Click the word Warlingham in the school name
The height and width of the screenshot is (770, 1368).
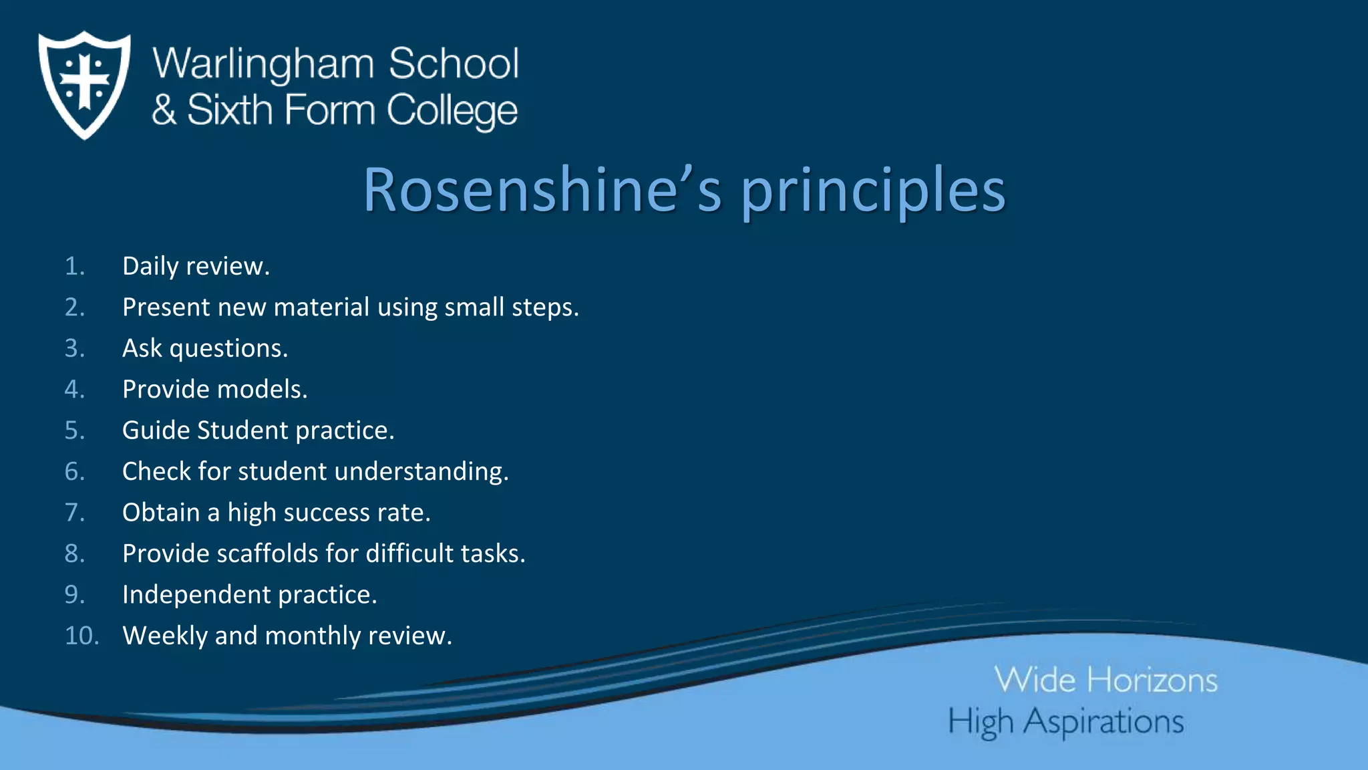click(263, 64)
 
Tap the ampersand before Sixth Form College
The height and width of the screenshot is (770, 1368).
click(164, 110)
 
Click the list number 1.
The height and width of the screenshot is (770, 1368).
click(75, 267)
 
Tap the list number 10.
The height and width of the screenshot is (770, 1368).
click(81, 636)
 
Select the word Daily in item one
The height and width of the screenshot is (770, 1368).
click(150, 267)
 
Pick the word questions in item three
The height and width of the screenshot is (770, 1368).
click(228, 349)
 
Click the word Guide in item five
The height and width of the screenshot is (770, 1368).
click(156, 430)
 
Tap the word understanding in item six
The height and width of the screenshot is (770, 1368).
click(421, 472)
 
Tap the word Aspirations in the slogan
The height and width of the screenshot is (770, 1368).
click(1103, 723)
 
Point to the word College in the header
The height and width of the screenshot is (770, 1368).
click(452, 111)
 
